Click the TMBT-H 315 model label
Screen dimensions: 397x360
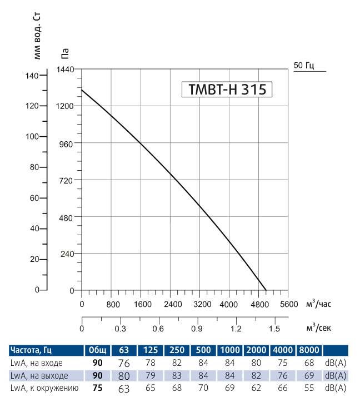point(227,90)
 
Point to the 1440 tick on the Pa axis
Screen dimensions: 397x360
point(65,70)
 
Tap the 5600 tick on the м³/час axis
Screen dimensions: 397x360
point(289,304)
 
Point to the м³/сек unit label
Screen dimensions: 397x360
point(318,327)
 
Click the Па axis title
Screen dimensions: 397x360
point(65,54)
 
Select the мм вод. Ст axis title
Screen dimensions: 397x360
point(38,34)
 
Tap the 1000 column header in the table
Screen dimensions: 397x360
point(229,350)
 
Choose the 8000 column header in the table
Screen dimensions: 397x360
point(308,350)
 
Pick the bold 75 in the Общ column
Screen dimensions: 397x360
point(97,388)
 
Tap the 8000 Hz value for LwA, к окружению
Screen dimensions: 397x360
point(308,388)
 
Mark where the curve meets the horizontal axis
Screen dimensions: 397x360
point(266,290)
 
